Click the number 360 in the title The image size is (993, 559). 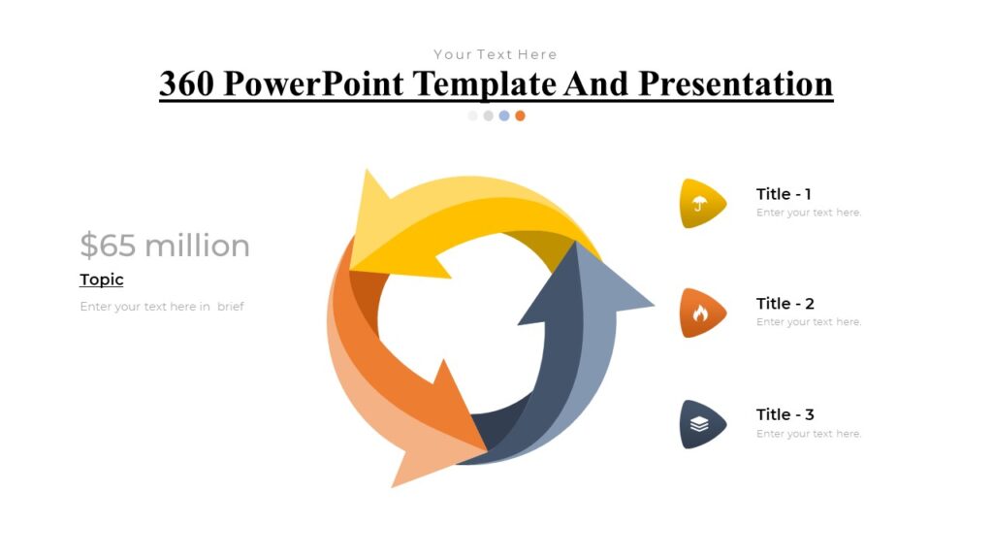(x=186, y=84)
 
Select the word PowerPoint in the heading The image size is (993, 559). (x=313, y=84)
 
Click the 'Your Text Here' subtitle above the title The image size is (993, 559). (x=496, y=54)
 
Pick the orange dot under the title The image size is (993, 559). (x=520, y=115)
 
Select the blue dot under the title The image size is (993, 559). (x=504, y=115)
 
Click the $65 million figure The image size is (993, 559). (x=165, y=246)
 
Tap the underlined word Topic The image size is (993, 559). (x=102, y=279)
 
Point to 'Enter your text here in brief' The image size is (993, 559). (x=162, y=307)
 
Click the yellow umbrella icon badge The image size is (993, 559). (x=700, y=204)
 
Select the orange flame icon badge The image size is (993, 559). (x=700, y=312)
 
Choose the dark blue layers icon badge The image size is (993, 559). (x=700, y=424)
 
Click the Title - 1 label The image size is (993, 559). (x=784, y=194)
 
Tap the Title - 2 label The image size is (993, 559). (x=785, y=304)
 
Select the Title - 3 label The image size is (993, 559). (x=785, y=414)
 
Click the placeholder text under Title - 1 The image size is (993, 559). (x=809, y=213)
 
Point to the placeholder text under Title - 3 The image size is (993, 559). (x=809, y=434)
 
